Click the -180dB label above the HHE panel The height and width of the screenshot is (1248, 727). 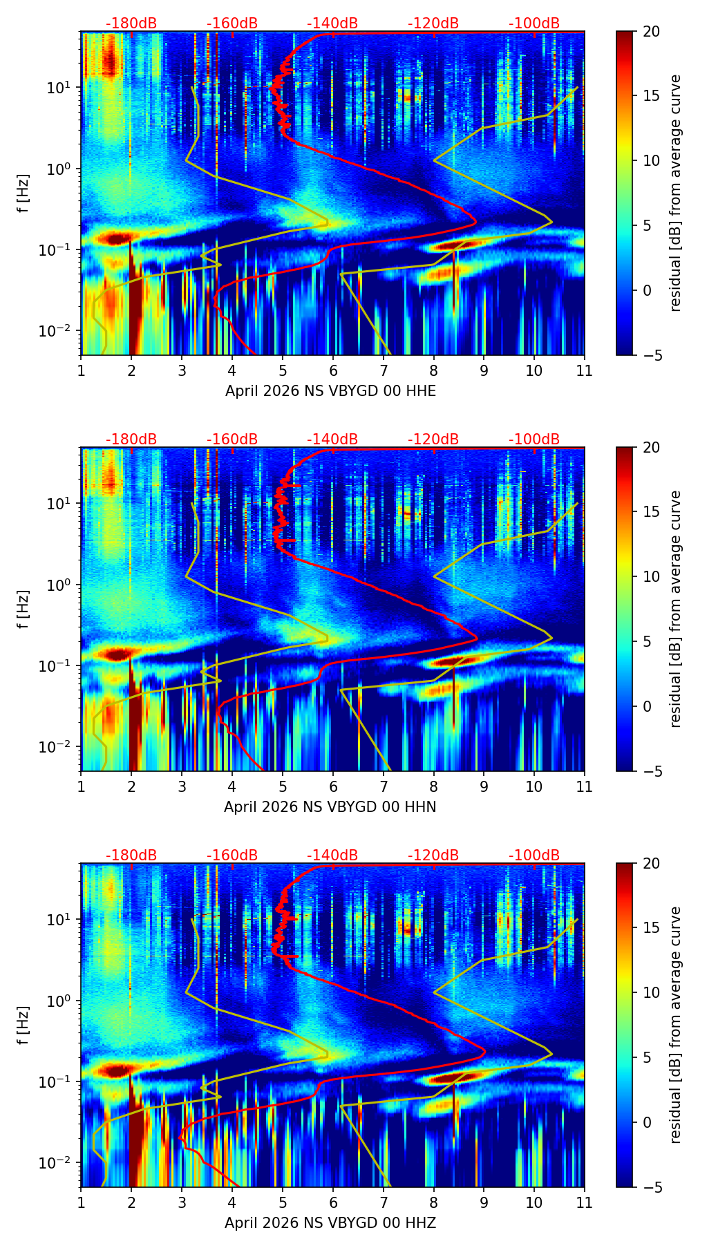click(131, 23)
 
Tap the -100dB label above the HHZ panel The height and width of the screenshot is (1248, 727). click(534, 855)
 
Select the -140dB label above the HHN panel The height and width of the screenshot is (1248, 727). click(332, 439)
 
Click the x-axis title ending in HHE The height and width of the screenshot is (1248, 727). click(330, 391)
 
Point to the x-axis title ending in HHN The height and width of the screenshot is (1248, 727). click(330, 807)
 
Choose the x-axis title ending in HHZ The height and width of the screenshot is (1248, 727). click(330, 1223)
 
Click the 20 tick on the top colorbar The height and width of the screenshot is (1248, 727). click(651, 32)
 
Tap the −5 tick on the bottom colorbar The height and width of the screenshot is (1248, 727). click(651, 1187)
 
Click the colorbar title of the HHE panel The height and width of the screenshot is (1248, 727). click(675, 193)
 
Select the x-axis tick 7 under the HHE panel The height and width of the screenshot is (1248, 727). click(384, 370)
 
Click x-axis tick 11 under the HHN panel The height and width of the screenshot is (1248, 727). click(585, 786)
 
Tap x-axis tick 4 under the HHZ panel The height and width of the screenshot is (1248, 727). click(232, 1202)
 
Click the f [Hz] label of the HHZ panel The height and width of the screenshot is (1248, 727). click(24, 1025)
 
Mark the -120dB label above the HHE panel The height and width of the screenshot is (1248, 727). click(433, 23)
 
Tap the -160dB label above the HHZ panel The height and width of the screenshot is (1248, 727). click(232, 855)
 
